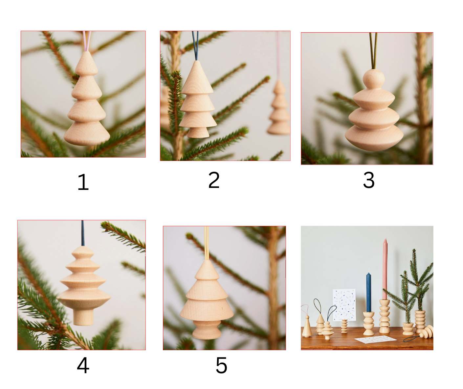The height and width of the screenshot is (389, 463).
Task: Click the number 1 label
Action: (83, 182)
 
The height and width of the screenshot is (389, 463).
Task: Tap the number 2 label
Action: (214, 180)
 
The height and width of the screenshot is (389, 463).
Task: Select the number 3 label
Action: (369, 180)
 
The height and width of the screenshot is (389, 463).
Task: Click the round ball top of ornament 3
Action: (374, 79)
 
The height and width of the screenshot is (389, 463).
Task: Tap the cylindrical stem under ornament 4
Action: (83, 316)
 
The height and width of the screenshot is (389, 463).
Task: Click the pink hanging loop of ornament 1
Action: (87, 41)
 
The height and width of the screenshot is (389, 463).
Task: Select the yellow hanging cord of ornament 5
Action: (207, 243)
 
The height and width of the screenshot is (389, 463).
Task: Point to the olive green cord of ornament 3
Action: (373, 51)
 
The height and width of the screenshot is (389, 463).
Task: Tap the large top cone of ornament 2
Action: (197, 77)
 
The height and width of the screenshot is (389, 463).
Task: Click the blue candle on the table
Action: (368, 293)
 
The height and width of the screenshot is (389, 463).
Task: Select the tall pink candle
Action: (385, 269)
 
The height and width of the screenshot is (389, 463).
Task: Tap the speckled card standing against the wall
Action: (344, 305)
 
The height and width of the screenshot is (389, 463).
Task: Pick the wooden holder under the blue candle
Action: (368, 323)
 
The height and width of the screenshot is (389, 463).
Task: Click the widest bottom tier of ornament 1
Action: (87, 134)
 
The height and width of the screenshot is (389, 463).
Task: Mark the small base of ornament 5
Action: (207, 330)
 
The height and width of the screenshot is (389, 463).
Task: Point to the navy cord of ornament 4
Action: (83, 233)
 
